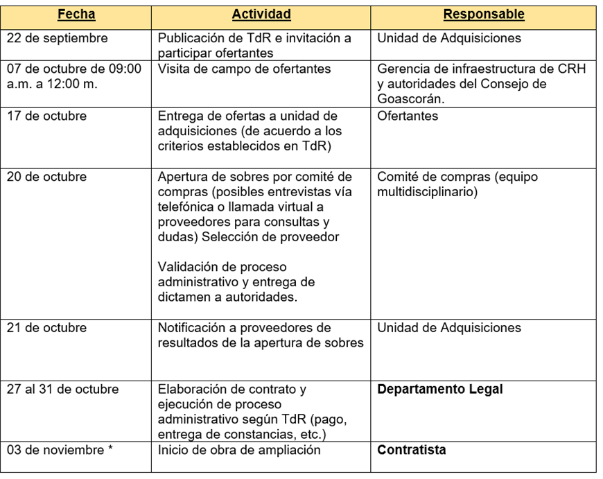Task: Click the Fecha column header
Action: tap(76, 15)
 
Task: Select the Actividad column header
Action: tap(261, 15)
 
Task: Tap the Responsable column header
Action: tap(484, 15)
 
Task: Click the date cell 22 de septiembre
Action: tap(58, 38)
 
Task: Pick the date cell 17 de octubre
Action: tap(47, 116)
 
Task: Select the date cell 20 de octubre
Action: tap(47, 177)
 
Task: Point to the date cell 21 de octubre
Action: tap(47, 328)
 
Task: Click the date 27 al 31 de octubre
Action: tap(62, 389)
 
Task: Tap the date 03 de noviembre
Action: tap(55, 450)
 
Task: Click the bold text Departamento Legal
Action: tap(440, 389)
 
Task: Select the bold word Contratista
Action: tap(412, 450)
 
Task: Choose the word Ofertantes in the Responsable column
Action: tap(408, 116)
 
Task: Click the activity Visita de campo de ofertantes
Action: tap(244, 69)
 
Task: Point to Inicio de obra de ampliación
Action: tap(239, 450)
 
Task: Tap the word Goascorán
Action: tap(411, 99)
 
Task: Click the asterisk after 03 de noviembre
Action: tap(110, 449)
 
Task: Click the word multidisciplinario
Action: tap(427, 192)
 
